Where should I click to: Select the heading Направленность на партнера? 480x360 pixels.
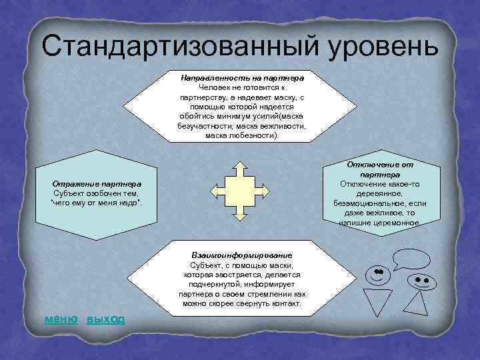click(242, 78)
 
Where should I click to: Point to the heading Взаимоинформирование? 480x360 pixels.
click(241, 255)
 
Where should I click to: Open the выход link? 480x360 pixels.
click(106, 319)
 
